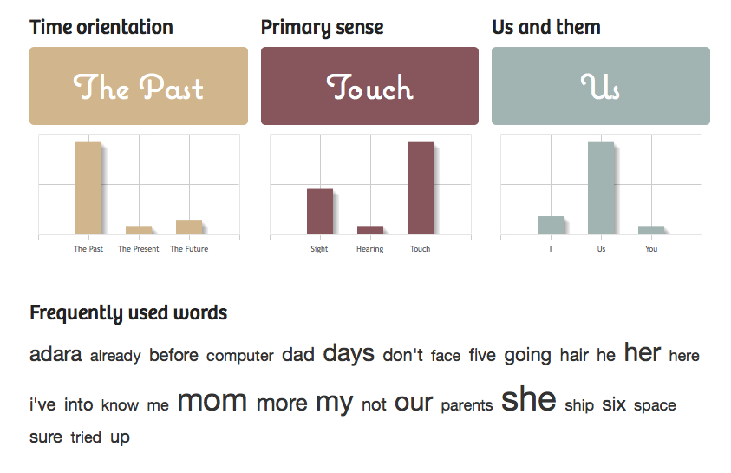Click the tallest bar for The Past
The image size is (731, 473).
tap(88, 188)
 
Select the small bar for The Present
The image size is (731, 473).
tap(139, 230)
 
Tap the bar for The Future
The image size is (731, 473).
tap(189, 227)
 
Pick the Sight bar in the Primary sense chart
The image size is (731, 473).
tap(320, 211)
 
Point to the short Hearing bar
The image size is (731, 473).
tap(370, 230)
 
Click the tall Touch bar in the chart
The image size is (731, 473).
tap(421, 188)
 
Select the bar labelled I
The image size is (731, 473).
tap(551, 226)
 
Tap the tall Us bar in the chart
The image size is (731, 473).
tap(601, 188)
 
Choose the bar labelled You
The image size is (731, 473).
tap(651, 230)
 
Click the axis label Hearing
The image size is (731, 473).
tap(370, 249)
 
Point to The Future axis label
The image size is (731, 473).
tap(189, 248)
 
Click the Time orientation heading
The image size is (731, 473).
tap(101, 27)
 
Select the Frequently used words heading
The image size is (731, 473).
tap(128, 313)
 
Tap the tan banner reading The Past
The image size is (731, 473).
tap(139, 86)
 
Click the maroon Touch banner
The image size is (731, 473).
tap(369, 86)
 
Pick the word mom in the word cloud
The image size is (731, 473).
tap(212, 401)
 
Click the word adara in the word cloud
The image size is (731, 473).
tap(55, 354)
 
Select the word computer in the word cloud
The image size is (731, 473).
tap(240, 356)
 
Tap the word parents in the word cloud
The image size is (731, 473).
tap(467, 405)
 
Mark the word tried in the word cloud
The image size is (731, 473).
tap(86, 437)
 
